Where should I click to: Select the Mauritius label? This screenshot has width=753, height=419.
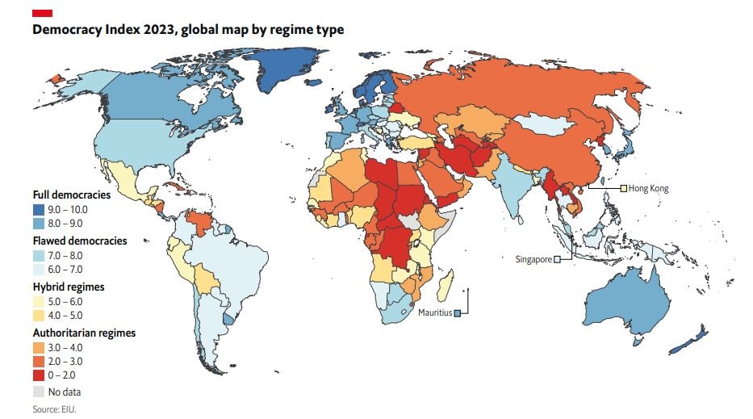(x=434, y=312)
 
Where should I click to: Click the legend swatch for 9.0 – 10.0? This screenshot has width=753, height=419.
(x=39, y=209)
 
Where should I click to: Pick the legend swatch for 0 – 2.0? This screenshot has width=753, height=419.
(x=39, y=376)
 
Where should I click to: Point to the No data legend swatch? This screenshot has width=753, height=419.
(x=39, y=392)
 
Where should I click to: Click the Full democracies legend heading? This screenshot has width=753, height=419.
(x=71, y=195)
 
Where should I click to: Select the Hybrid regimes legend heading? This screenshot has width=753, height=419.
(x=68, y=287)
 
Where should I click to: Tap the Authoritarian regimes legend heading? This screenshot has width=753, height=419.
(x=83, y=333)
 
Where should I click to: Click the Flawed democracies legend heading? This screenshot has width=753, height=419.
(x=79, y=241)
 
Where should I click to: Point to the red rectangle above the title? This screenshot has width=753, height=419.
(x=43, y=13)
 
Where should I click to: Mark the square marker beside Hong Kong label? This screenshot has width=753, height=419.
(x=623, y=188)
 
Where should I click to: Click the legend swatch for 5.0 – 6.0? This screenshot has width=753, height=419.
(x=39, y=301)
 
